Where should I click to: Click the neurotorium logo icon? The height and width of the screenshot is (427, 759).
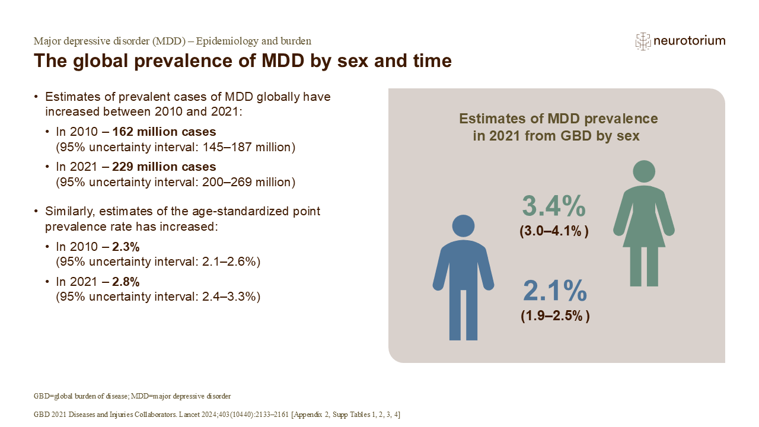643,41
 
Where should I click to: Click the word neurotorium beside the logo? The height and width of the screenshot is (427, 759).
689,41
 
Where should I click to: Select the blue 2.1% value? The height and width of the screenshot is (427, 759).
555,292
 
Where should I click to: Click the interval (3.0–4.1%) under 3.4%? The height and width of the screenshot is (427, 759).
554,232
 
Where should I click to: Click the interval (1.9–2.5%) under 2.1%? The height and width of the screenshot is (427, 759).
555,317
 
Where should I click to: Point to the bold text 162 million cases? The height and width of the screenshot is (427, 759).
172,132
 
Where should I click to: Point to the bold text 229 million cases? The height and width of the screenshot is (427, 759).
172,167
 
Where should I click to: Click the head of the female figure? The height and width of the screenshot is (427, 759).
643,171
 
